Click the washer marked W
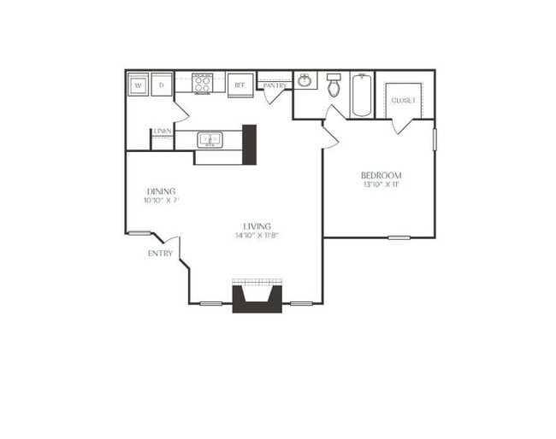tap(138, 85)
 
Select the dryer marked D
tap(162, 85)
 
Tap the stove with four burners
tap(203, 84)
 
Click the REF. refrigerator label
tap(240, 85)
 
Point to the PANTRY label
tap(275, 85)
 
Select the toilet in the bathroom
tap(334, 85)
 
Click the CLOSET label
tap(404, 100)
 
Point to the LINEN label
tap(163, 131)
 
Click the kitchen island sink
tap(210, 139)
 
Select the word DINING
tap(161, 190)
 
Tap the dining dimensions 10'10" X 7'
tap(161, 201)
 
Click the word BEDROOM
tap(381, 175)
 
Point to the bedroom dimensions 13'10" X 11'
tap(381, 185)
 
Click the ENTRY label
tap(160, 254)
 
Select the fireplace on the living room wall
tap(257, 297)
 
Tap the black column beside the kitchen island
tap(250, 144)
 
